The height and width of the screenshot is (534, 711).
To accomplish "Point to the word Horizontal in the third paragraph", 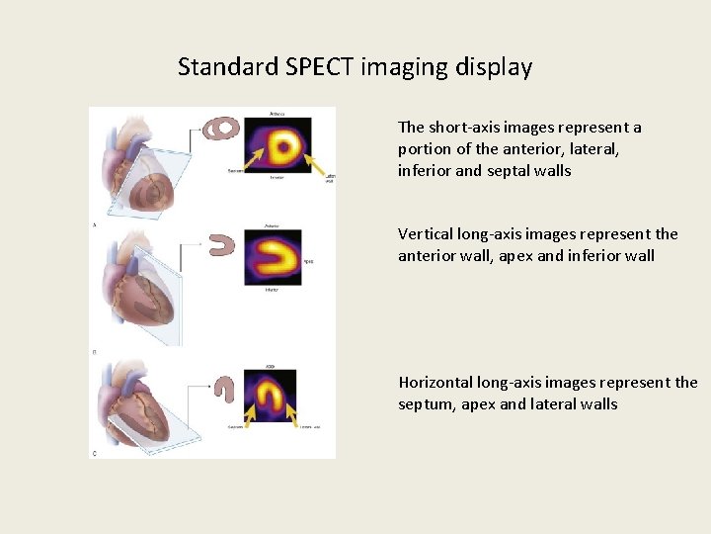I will (x=435, y=383).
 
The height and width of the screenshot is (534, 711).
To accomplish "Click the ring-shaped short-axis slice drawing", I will (x=222, y=128).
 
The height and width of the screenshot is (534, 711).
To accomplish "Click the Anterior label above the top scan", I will (x=278, y=112).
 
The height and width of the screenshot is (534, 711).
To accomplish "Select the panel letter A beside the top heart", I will (x=94, y=225).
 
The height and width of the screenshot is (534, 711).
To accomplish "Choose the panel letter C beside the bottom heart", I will (x=94, y=453).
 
